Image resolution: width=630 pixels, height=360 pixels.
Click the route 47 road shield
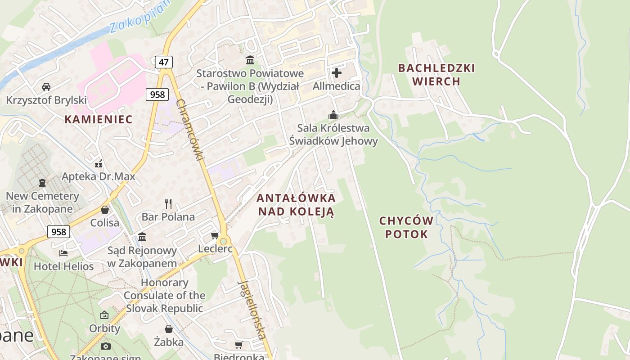[x=164, y=62]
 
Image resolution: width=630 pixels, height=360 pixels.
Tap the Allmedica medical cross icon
[x=337, y=72]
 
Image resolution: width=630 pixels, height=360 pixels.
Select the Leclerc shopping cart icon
[x=215, y=236]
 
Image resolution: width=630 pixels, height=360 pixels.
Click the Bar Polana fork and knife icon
[x=168, y=204]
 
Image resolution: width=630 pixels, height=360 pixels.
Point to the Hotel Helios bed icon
[x=63, y=253]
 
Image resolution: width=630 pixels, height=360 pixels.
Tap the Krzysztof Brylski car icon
[x=46, y=86]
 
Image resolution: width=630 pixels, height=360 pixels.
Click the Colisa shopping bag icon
[x=105, y=210]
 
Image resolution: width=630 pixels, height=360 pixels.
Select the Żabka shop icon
[x=169, y=329]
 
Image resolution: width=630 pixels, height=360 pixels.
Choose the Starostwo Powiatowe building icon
[x=250, y=60]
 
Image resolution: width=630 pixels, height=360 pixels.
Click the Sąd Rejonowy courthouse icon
[x=142, y=237]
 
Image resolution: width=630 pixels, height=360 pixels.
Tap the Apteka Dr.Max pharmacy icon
[x=99, y=163]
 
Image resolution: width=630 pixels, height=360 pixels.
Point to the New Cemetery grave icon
[x=42, y=183]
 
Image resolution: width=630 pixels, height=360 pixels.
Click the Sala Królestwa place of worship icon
[x=333, y=115]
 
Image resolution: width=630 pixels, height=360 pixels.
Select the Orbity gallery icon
[x=104, y=315]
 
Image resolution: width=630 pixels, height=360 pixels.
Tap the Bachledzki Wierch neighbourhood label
[x=436, y=75]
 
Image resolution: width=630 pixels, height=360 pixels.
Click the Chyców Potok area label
[x=406, y=227]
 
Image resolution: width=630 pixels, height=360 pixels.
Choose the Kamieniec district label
[x=99, y=119]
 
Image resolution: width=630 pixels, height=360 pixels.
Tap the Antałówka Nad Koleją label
[x=296, y=205]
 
